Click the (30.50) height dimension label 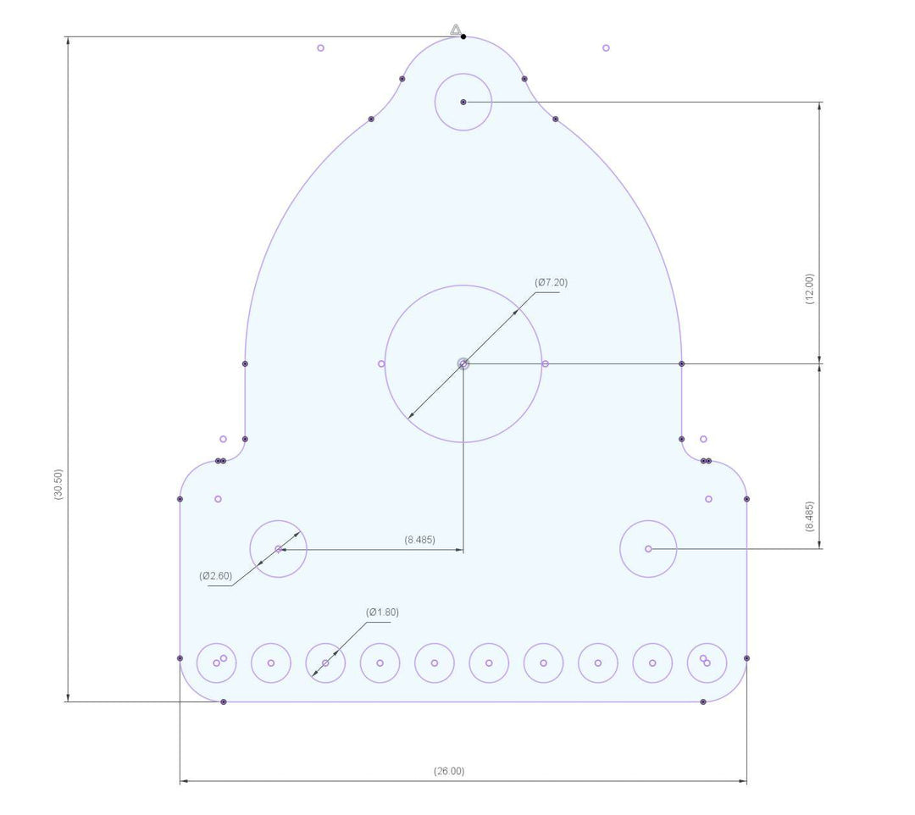(x=58, y=484)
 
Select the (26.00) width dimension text (x=449, y=771)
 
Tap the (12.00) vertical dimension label (x=809, y=288)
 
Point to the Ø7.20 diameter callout (x=551, y=282)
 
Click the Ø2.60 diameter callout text (x=215, y=576)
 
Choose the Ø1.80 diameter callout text (x=382, y=612)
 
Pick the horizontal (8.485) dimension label (x=419, y=540)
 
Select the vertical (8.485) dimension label (x=809, y=516)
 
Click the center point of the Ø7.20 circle (x=463, y=364)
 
